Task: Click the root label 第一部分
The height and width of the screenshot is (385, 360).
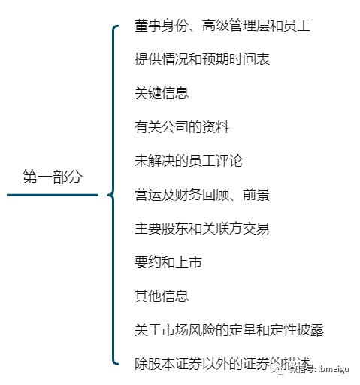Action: tap(53, 177)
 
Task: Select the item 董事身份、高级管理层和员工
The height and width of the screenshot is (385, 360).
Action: tap(222, 26)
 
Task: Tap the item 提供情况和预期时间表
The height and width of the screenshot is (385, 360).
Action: tap(202, 59)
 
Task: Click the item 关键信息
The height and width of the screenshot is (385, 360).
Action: tap(162, 93)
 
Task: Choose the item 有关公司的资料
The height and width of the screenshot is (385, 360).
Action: tap(182, 127)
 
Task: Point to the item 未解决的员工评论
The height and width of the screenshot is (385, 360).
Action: tap(189, 161)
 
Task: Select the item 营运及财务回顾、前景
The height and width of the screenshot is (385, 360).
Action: tap(202, 195)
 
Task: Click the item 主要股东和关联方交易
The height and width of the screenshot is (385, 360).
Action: tap(202, 229)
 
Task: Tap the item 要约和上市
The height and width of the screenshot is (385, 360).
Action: tap(168, 262)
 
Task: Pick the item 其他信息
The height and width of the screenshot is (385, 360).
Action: tap(162, 296)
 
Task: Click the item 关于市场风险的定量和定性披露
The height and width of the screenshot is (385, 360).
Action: tap(229, 330)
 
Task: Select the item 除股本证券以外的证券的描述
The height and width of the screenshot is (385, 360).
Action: tap(222, 364)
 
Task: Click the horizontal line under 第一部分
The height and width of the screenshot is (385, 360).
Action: tap(53, 195)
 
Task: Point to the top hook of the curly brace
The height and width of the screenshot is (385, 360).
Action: tap(116, 26)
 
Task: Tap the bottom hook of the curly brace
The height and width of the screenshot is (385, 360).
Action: tap(116, 363)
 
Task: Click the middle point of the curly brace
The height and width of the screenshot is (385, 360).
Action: tap(109, 195)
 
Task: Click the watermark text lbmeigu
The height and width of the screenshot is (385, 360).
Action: tap(334, 369)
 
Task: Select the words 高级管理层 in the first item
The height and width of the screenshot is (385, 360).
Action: tap(236, 26)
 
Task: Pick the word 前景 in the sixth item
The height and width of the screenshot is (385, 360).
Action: tap(256, 195)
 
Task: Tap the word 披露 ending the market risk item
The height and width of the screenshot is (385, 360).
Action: tap(310, 330)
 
